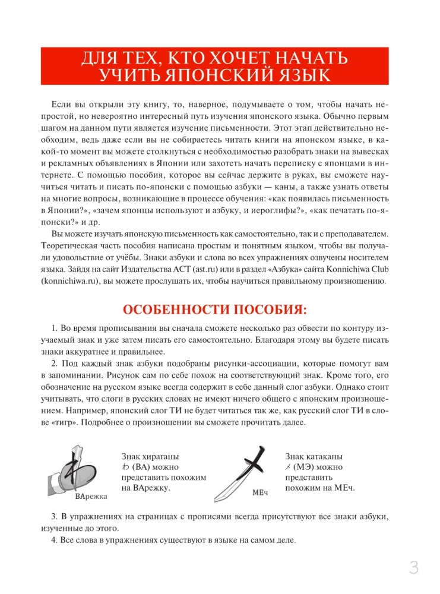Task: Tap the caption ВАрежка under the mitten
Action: [x=91, y=497]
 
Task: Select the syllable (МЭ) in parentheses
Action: [x=306, y=466]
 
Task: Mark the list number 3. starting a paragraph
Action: [x=54, y=517]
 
